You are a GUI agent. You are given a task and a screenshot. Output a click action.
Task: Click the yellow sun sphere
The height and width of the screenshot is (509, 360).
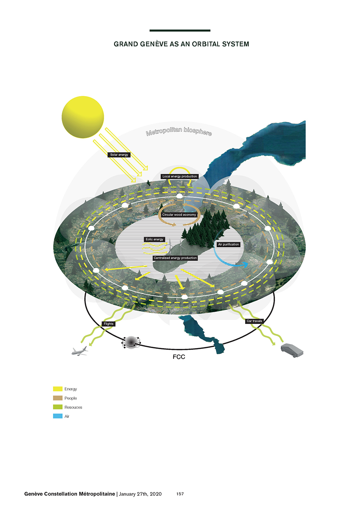(x=83, y=117)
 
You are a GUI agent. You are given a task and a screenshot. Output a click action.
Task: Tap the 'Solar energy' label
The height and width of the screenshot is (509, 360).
(x=119, y=155)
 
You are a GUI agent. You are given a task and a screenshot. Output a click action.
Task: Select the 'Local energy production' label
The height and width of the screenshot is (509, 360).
(x=180, y=176)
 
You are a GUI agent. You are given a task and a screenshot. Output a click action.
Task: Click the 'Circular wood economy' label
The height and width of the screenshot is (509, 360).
(x=179, y=215)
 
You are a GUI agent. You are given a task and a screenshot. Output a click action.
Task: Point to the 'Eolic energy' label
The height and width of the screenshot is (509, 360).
(x=154, y=239)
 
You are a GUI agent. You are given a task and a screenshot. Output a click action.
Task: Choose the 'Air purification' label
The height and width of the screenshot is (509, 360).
(x=229, y=244)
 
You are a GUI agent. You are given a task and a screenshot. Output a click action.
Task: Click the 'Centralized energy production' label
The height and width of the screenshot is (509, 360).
(x=175, y=258)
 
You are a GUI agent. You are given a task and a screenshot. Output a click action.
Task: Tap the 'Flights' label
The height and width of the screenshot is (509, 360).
(x=109, y=324)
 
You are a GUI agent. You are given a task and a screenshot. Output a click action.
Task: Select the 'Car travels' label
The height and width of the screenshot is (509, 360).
(x=255, y=321)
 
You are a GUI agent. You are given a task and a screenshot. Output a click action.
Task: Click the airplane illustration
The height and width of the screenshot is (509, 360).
(x=79, y=351)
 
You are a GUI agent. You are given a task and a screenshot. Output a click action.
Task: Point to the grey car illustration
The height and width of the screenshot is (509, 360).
(x=292, y=350)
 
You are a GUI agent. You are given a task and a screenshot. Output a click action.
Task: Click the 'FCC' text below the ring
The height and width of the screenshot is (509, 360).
(x=179, y=357)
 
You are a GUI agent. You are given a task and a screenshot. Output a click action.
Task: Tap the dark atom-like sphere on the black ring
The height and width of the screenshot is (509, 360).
(x=131, y=342)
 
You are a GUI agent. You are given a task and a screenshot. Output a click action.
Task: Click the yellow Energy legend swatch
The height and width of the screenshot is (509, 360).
(x=58, y=389)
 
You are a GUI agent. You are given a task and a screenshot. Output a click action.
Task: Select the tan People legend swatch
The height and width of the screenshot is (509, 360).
(x=58, y=398)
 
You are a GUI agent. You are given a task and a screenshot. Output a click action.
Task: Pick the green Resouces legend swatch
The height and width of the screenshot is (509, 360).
(x=58, y=407)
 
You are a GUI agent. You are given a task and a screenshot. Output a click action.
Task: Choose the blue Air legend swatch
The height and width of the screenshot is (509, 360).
(x=58, y=416)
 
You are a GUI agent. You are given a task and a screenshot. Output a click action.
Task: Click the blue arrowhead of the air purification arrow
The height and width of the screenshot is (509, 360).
(x=245, y=265)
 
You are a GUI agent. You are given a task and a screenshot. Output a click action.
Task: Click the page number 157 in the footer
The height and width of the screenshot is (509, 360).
(x=180, y=494)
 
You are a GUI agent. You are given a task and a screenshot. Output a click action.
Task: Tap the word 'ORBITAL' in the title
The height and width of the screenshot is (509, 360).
(x=206, y=44)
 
